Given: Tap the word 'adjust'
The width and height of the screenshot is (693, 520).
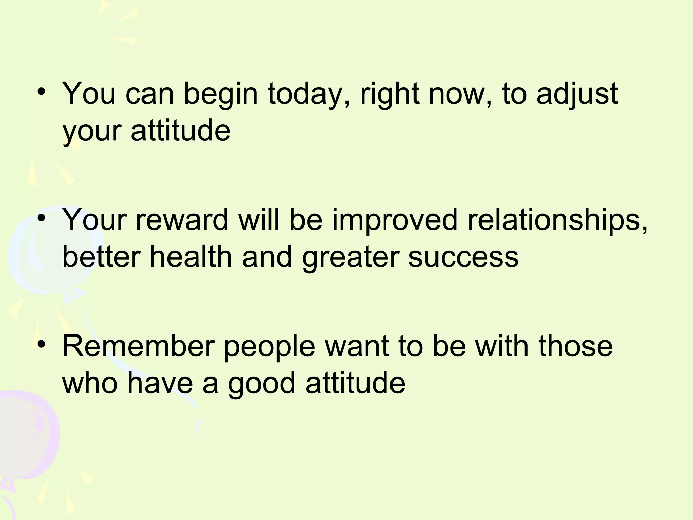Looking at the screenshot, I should click(577, 94).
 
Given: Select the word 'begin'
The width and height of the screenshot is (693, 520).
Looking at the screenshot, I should click(221, 94).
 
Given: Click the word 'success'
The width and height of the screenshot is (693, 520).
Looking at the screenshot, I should click(463, 257).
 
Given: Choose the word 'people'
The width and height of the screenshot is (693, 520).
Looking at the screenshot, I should click(269, 347).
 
